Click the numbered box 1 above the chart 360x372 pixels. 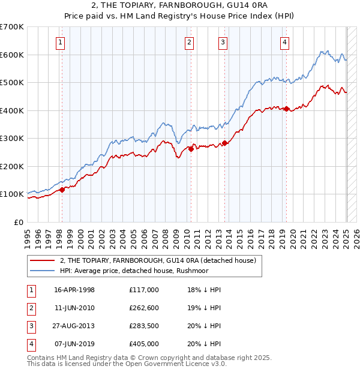[61, 42]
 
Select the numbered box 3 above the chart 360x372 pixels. [223, 42]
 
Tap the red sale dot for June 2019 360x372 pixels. [287, 109]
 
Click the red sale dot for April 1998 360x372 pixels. [62, 190]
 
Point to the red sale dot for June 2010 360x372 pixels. [191, 149]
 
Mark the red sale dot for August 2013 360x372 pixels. [224, 143]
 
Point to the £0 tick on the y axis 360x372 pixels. [19, 222]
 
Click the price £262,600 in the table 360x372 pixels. [144, 307]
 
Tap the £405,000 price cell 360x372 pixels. [144, 344]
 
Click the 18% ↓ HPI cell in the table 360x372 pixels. [204, 289]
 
